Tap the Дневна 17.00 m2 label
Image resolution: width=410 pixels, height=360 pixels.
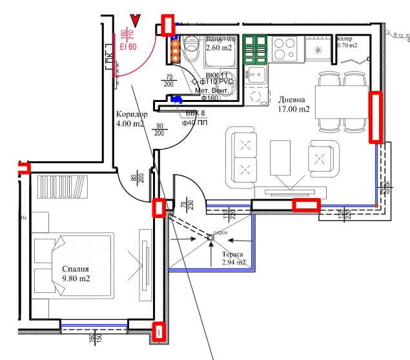[294, 105]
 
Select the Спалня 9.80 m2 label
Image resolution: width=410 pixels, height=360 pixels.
[75, 274]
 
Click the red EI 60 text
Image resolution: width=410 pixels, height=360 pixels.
[128, 46]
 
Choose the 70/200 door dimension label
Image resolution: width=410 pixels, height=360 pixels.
[169, 81]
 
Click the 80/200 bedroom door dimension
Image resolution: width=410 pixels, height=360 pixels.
[138, 176]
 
